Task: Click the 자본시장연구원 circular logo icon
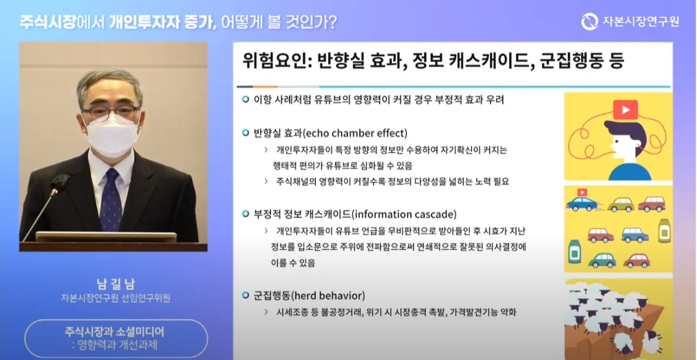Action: tap(589, 21)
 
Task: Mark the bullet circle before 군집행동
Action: tap(246, 296)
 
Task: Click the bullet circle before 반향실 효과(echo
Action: tap(246, 133)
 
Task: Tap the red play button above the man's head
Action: tap(625, 109)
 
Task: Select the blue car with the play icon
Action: tap(582, 203)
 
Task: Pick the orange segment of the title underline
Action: tap(266, 86)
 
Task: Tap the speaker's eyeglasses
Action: tap(111, 111)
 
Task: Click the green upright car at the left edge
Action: tap(574, 252)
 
